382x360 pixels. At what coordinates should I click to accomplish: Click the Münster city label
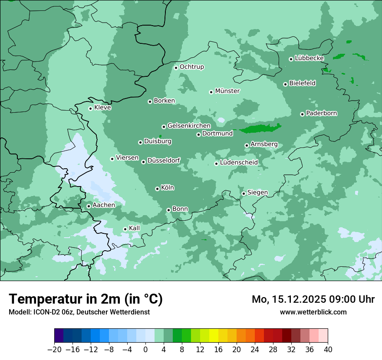click(x=227, y=91)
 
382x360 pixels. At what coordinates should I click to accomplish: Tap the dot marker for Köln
click(x=157, y=189)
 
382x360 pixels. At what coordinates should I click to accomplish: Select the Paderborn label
click(x=322, y=114)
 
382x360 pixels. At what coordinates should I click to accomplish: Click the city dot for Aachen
click(x=89, y=206)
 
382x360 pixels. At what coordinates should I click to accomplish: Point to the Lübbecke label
click(x=310, y=58)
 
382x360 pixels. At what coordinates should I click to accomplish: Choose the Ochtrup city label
click(x=192, y=67)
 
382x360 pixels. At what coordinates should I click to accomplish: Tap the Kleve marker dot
click(x=90, y=108)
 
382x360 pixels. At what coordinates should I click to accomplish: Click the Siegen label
click(x=258, y=193)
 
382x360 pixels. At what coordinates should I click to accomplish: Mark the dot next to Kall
click(x=125, y=229)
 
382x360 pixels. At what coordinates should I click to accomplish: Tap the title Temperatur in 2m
click(x=86, y=299)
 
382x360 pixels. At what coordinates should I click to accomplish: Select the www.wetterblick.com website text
click(x=313, y=312)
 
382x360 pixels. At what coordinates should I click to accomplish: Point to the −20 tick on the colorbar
click(x=55, y=350)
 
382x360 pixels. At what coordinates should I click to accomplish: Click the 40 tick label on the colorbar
click(x=328, y=350)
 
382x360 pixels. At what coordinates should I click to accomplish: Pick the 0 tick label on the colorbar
click(x=145, y=350)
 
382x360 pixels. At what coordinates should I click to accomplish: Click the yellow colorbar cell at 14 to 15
click(x=214, y=336)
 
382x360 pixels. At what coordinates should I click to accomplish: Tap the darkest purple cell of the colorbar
click(x=59, y=336)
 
